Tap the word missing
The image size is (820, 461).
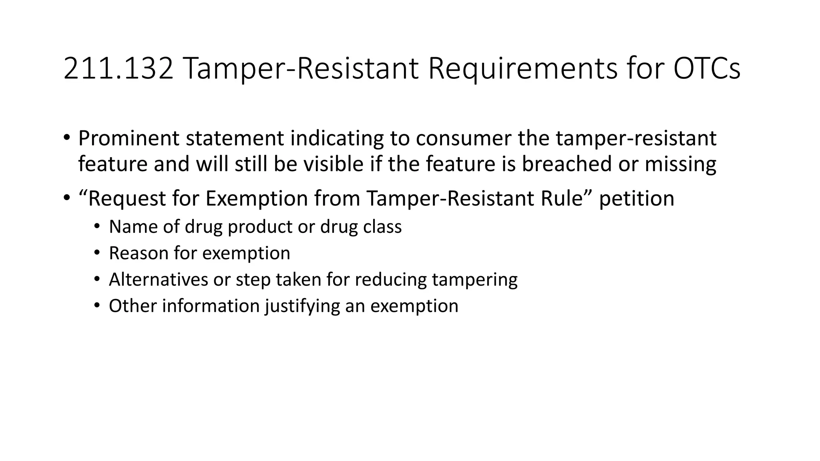[680, 164]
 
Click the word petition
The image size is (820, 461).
[637, 198]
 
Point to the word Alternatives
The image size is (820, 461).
[158, 279]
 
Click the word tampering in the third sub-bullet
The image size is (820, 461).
[474, 279]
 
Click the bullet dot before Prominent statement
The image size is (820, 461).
[66, 137]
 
